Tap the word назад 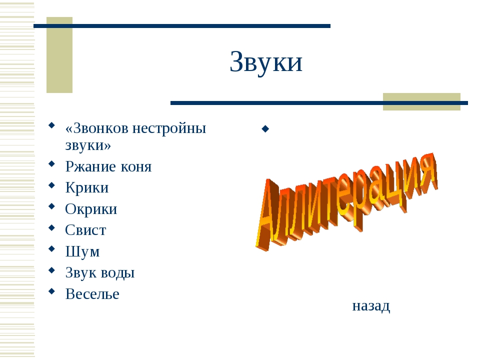pyautogui.click(x=371, y=305)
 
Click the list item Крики pyautogui.click(x=87, y=188)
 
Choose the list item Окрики pyautogui.click(x=91, y=209)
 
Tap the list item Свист pyautogui.click(x=85, y=230)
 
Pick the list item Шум pyautogui.click(x=82, y=251)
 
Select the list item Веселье pyautogui.click(x=92, y=294)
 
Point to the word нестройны pyautogui.click(x=169, y=128)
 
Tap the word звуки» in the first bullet pyautogui.click(x=88, y=145)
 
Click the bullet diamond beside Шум pyautogui.click(x=51, y=248)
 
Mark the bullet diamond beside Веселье pyautogui.click(x=51, y=291)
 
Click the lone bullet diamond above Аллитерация pyautogui.click(x=265, y=129)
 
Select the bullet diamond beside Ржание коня pyautogui.click(x=51, y=163)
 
